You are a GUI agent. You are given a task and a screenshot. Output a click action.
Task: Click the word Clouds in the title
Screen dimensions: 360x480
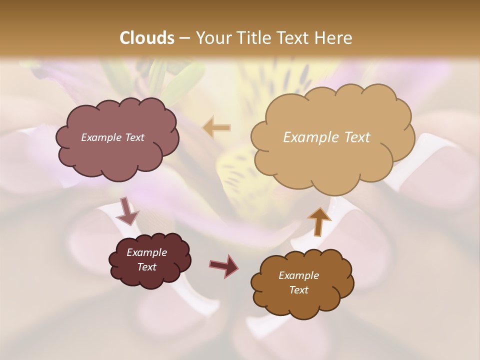click(147, 38)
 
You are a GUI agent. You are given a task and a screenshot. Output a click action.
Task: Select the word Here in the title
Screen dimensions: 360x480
click(332, 38)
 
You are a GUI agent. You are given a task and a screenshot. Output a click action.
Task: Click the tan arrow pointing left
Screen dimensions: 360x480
click(216, 128)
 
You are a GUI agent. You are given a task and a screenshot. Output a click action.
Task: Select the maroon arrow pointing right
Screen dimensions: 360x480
click(224, 265)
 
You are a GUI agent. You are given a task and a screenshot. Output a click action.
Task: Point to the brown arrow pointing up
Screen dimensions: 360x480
click(319, 220)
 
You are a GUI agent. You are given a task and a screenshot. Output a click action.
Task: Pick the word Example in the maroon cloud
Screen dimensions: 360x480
click(146, 252)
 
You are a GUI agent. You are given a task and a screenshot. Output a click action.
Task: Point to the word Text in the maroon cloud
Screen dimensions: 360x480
click(146, 267)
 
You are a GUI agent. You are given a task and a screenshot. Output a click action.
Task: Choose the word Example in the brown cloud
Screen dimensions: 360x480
click(298, 275)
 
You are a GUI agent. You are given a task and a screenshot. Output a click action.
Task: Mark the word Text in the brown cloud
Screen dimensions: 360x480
click(298, 290)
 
